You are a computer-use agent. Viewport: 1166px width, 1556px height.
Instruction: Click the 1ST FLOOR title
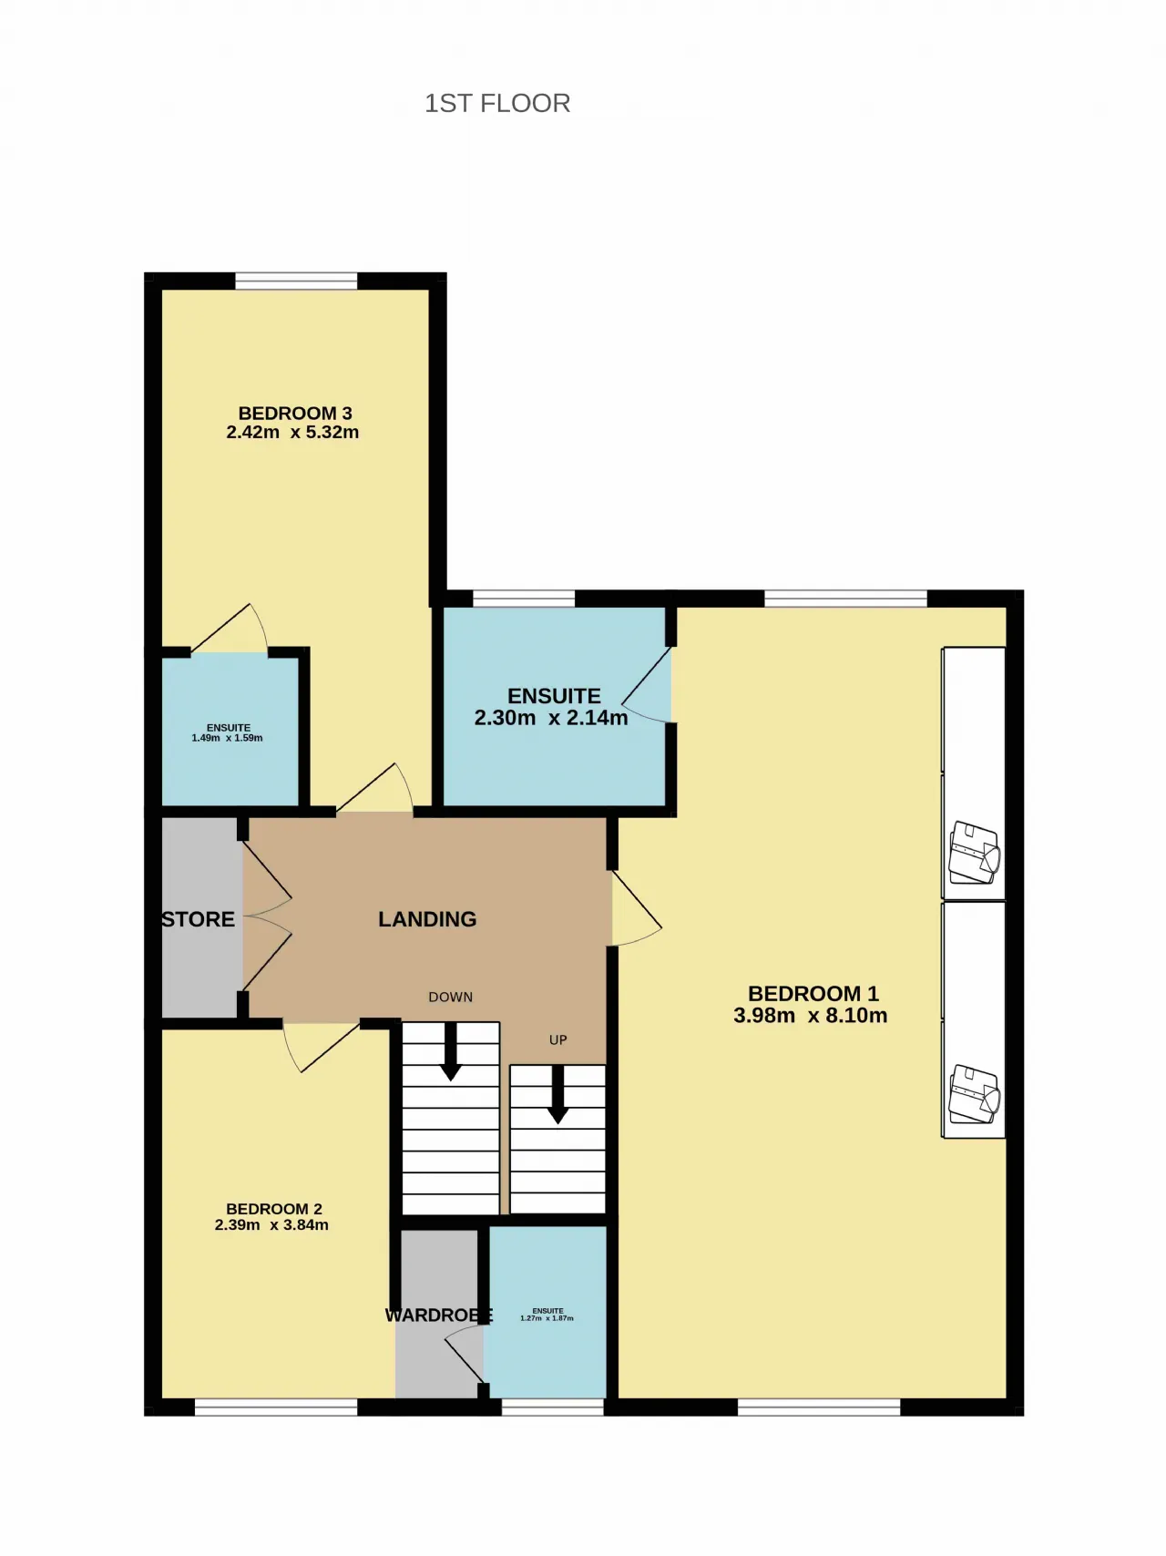pyautogui.click(x=497, y=103)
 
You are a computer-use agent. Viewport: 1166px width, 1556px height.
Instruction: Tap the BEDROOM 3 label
pyautogui.click(x=295, y=414)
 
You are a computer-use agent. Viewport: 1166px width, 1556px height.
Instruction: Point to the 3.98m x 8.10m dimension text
pyautogui.click(x=811, y=1016)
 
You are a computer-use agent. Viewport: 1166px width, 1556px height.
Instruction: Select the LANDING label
pyautogui.click(x=427, y=919)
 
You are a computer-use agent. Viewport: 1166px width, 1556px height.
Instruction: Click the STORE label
pyautogui.click(x=199, y=920)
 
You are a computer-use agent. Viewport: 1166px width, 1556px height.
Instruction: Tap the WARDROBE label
pyautogui.click(x=438, y=1315)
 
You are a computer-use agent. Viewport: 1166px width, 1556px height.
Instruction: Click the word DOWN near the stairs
pyautogui.click(x=451, y=998)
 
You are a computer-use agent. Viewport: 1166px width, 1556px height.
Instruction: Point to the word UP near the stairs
pyautogui.click(x=558, y=1040)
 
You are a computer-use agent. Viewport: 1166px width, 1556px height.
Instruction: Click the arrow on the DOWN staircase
pyautogui.click(x=450, y=1052)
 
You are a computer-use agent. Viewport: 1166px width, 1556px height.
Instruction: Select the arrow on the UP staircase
pyautogui.click(x=557, y=1094)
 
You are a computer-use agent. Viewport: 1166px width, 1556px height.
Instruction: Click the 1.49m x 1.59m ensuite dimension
pyautogui.click(x=227, y=738)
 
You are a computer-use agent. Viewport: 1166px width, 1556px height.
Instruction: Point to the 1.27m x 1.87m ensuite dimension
pyautogui.click(x=547, y=1318)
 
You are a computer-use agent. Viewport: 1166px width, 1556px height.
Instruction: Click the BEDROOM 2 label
pyautogui.click(x=274, y=1209)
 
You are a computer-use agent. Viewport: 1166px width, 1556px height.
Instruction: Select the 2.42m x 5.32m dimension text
pyautogui.click(x=292, y=433)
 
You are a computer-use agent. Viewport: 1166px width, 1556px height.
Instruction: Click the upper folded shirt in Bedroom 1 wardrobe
pyautogui.click(x=975, y=853)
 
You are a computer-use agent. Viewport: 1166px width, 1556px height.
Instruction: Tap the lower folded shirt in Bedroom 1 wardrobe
pyautogui.click(x=975, y=1095)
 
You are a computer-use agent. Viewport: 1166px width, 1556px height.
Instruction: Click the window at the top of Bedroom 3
pyautogui.click(x=296, y=281)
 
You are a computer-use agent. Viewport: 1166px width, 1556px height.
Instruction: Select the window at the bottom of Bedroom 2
pyautogui.click(x=276, y=1408)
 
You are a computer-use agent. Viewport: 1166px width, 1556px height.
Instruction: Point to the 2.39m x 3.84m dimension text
pyautogui.click(x=271, y=1225)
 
